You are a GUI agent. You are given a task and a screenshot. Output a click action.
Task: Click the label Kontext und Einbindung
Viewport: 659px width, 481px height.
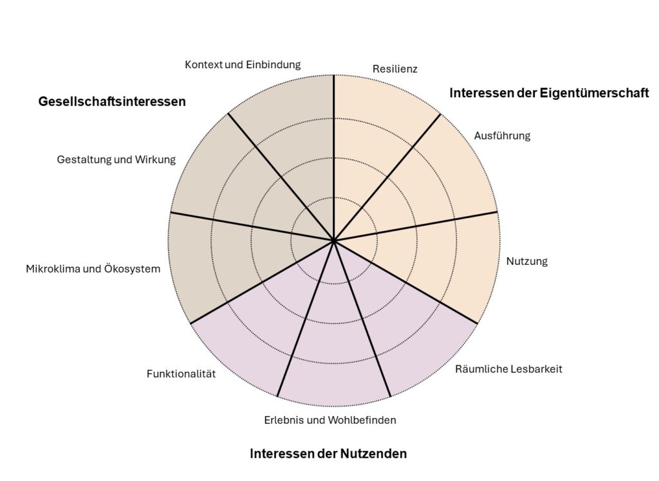coord(243,65)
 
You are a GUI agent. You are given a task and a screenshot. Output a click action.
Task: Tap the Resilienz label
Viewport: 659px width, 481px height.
coord(395,69)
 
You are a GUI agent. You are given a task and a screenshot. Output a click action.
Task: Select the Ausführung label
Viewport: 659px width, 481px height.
coord(502,136)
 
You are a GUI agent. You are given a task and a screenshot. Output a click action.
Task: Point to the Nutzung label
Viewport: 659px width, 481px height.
coord(526,261)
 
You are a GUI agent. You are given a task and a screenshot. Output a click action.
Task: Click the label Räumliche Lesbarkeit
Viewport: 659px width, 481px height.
coord(508,369)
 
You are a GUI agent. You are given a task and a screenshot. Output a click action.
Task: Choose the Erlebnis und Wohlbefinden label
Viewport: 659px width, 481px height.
coord(329,420)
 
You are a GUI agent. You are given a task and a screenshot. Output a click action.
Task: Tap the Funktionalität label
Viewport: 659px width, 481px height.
coord(181,374)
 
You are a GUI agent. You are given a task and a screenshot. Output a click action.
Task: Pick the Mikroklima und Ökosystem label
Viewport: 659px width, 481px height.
coord(93,269)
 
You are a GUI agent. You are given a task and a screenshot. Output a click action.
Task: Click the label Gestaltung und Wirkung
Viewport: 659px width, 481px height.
coord(116,159)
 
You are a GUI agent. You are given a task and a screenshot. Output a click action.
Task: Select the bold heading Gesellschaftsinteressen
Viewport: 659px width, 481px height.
coord(112,102)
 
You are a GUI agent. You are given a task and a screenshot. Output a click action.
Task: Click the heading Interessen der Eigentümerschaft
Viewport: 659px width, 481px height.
coord(549,93)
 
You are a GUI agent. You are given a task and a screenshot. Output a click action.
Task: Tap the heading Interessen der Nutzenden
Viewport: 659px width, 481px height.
coord(328,454)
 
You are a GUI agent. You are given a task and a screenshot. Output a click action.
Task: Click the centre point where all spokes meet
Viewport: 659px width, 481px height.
coord(333,240)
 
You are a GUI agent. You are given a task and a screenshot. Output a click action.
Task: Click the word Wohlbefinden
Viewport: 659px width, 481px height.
coord(362,420)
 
